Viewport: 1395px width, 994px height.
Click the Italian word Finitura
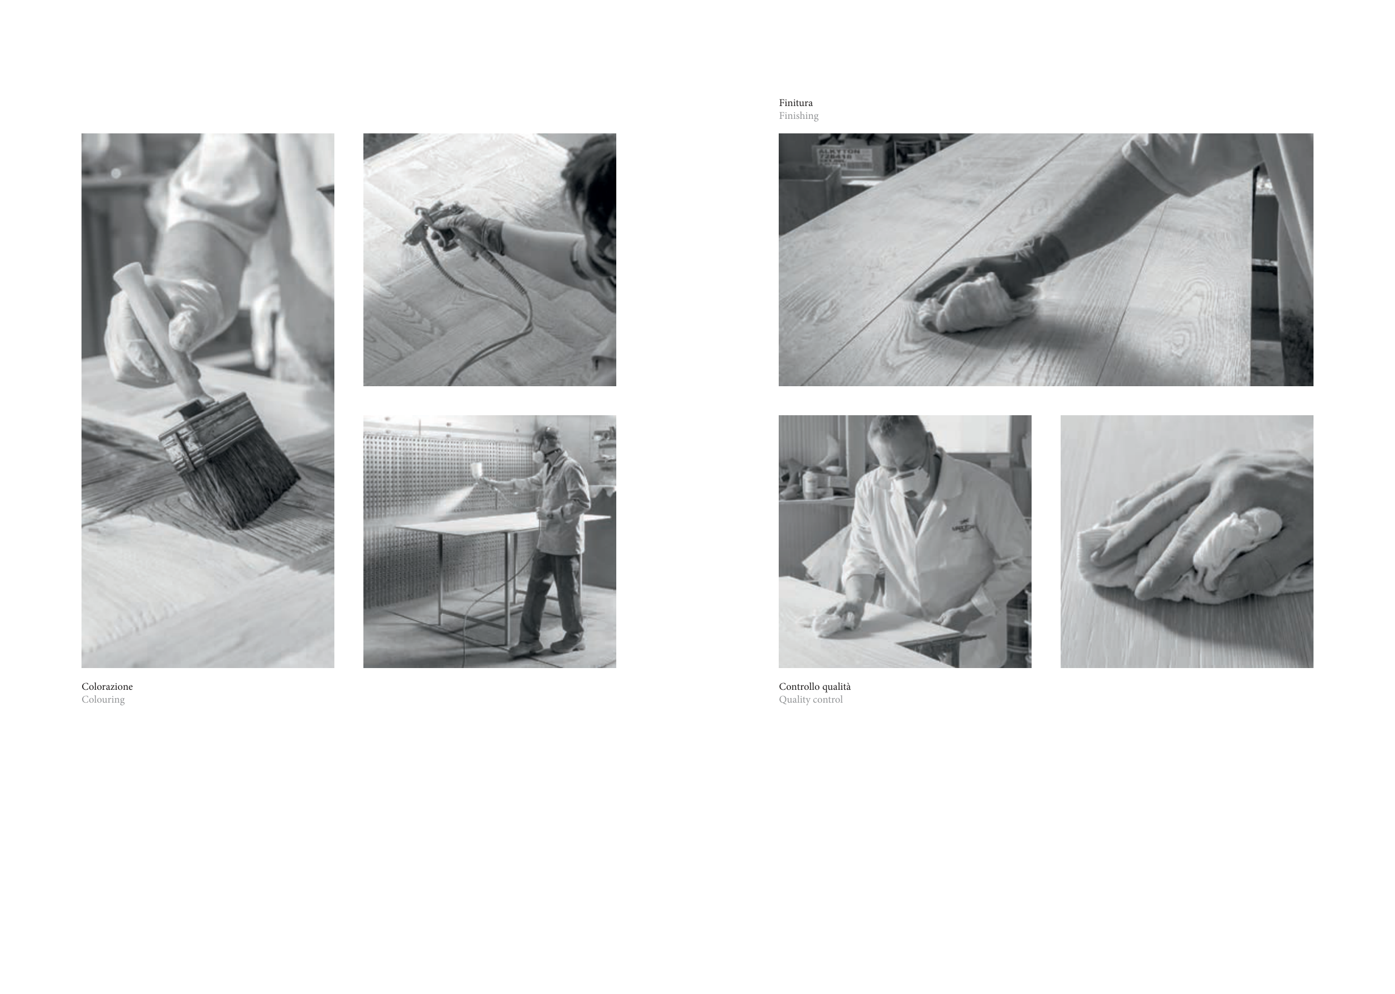pos(795,103)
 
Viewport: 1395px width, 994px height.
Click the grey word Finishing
pos(798,116)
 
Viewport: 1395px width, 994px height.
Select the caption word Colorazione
pos(107,686)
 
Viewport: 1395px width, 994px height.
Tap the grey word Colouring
pos(103,699)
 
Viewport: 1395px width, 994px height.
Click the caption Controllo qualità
pos(814,686)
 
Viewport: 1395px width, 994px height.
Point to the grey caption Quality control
pos(811,699)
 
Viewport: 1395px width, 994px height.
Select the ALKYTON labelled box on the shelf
pos(848,157)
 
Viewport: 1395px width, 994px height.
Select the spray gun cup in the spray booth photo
pos(476,470)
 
